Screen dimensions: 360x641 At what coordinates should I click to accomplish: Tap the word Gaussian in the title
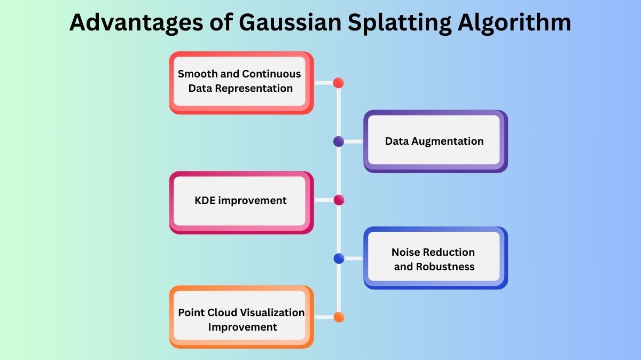tap(273, 22)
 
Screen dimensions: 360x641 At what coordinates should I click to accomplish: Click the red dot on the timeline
tap(338, 83)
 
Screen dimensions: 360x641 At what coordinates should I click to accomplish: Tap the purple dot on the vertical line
tap(338, 142)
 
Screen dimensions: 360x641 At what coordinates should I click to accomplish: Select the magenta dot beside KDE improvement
tap(338, 200)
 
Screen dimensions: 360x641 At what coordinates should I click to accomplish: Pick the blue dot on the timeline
tap(338, 259)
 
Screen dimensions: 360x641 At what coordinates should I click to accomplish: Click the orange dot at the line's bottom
tap(338, 317)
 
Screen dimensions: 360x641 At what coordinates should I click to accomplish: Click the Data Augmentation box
tap(435, 141)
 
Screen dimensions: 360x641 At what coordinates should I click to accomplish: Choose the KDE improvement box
tap(240, 201)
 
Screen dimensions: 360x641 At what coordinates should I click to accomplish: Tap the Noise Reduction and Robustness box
tap(435, 259)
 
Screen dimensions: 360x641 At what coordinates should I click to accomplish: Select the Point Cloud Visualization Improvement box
tap(241, 317)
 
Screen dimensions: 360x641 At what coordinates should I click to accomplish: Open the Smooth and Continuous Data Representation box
tap(240, 82)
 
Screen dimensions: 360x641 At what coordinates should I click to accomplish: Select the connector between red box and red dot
tap(323, 83)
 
